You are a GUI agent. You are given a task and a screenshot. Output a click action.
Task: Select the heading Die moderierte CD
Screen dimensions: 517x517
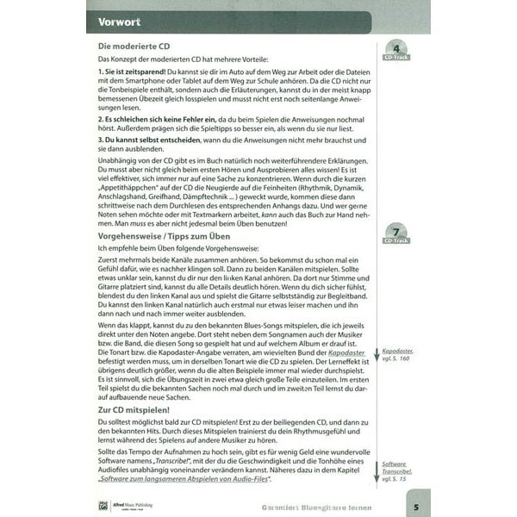tap(132, 47)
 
